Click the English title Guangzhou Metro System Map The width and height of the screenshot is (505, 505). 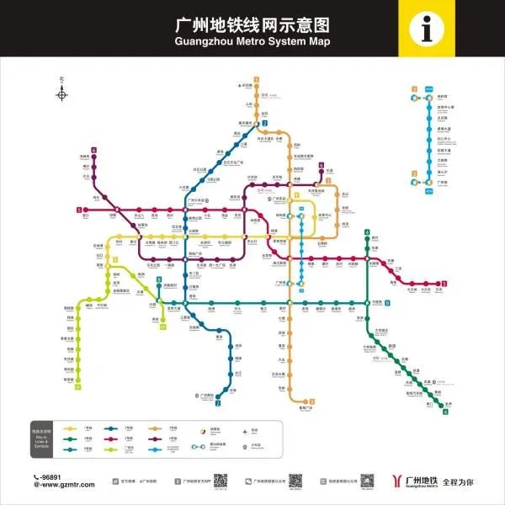[x=252, y=41]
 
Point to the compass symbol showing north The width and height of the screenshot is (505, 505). [x=61, y=93]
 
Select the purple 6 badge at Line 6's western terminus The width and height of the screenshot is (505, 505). [x=94, y=151]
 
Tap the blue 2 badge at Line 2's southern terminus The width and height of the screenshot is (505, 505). [x=218, y=404]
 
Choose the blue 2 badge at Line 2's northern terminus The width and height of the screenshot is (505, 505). [x=264, y=124]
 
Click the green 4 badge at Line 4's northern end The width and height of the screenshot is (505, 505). [x=367, y=232]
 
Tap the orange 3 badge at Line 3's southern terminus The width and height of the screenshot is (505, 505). [x=311, y=401]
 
